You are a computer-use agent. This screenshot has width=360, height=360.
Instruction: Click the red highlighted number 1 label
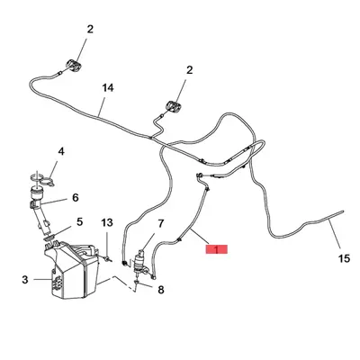216,249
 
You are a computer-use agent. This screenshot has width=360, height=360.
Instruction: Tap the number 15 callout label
344,258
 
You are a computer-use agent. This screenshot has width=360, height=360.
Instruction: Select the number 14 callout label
108,88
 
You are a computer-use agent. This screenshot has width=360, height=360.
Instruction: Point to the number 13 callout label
107,222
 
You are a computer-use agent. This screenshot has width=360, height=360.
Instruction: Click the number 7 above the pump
161,223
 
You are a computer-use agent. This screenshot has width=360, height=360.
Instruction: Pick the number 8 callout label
161,290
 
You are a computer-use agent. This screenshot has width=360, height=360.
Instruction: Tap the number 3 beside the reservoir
25,280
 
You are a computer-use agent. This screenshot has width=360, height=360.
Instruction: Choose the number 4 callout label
61,151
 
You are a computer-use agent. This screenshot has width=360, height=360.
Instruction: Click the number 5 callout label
79,222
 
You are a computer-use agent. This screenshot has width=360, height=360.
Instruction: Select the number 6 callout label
76,198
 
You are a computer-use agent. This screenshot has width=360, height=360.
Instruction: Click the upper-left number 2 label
90,29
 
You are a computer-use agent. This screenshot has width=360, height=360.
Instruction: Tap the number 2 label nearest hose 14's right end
189,70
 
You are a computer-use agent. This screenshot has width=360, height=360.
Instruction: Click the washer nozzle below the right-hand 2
173,106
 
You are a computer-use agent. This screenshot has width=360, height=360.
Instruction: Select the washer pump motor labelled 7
139,264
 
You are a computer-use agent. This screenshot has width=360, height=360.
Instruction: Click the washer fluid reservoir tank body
72,270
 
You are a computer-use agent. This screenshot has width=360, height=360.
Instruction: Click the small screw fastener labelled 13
107,257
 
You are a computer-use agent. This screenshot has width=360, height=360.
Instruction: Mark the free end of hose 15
343,211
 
